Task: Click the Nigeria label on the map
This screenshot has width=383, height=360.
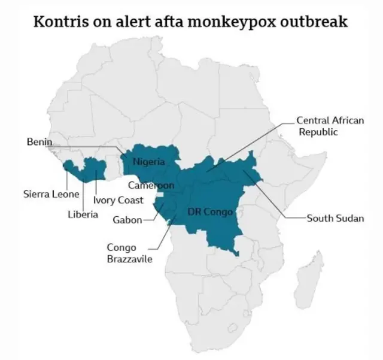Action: pos(148,161)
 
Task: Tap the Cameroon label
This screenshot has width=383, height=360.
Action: pos(151,185)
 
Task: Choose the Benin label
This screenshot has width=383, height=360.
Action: pos(39,142)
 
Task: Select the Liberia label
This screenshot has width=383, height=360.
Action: pos(83,214)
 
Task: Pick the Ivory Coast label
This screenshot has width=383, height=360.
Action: pos(117,200)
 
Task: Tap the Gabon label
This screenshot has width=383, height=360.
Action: pos(127,219)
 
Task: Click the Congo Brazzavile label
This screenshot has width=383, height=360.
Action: pos(129,253)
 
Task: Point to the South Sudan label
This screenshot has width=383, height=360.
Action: pos(335,218)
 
